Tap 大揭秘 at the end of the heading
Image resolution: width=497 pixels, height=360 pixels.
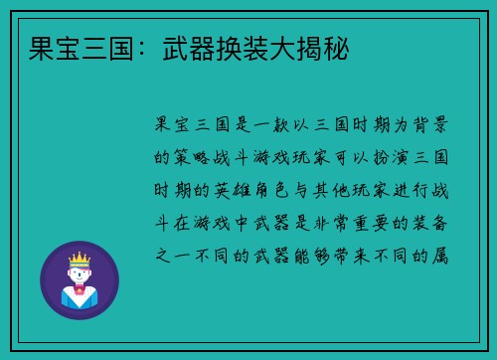[x=304, y=48]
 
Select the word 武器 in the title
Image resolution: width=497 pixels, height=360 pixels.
[x=181, y=48]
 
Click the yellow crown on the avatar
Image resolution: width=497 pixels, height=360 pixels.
[x=79, y=260]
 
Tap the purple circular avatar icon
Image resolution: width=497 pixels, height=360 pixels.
[x=80, y=280]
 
